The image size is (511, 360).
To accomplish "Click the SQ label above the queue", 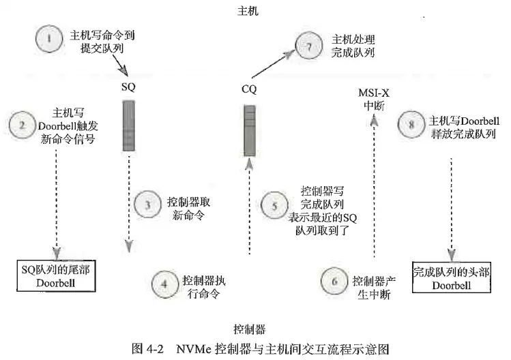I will point(128,87).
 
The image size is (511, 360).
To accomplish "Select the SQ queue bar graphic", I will point(128,125).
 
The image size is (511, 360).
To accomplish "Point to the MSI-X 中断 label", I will point(373,99).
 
